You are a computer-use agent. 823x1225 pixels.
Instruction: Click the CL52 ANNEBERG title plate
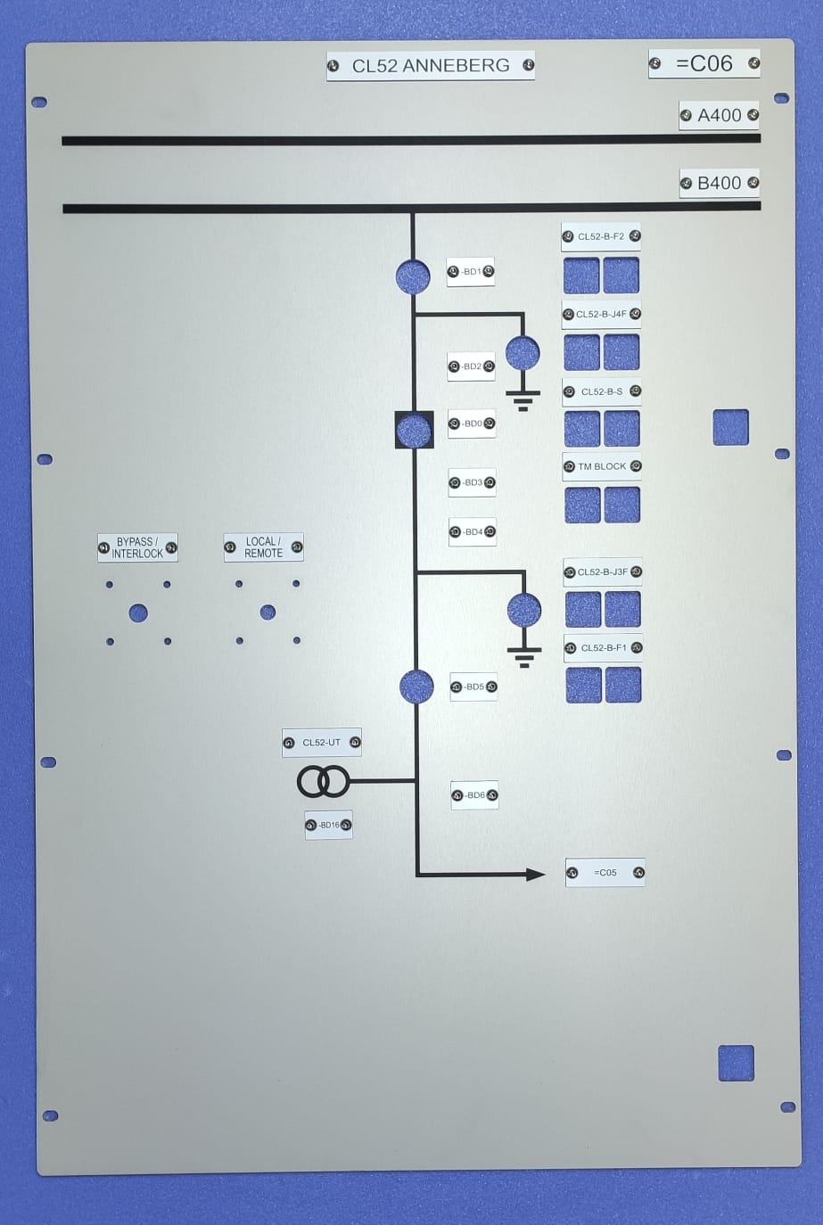pyautogui.click(x=431, y=66)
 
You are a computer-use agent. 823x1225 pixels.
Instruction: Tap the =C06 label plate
pyautogui.click(x=704, y=63)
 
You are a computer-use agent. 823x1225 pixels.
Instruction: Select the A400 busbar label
pyautogui.click(x=719, y=115)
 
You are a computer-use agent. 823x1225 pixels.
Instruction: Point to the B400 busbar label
pyautogui.click(x=719, y=183)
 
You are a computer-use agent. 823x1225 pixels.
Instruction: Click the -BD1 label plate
pyautogui.click(x=471, y=272)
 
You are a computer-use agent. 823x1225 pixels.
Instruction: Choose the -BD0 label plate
pyautogui.click(x=472, y=423)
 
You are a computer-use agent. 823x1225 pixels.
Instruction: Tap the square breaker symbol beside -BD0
pyautogui.click(x=414, y=431)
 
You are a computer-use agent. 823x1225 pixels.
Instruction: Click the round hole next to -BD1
pyautogui.click(x=413, y=276)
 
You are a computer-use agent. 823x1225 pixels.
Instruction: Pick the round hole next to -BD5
pyautogui.click(x=416, y=686)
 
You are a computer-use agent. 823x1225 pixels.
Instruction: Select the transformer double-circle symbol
pyautogui.click(x=323, y=782)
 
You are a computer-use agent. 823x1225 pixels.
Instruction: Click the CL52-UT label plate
pyautogui.click(x=321, y=743)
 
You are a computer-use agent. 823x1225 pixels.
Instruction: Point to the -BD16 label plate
pyautogui.click(x=328, y=825)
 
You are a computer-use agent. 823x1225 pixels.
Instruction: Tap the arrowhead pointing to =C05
pyautogui.click(x=535, y=875)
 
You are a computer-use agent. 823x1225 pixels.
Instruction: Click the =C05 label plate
pyautogui.click(x=605, y=873)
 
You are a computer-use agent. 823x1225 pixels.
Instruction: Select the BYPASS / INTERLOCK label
pyautogui.click(x=137, y=547)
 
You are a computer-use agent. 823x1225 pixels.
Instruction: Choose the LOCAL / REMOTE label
pyautogui.click(x=263, y=547)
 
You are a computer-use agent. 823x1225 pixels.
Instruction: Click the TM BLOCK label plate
pyautogui.click(x=602, y=466)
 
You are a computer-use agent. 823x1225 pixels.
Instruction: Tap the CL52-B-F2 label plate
pyautogui.click(x=601, y=237)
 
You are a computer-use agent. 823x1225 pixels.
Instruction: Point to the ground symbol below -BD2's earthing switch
pyautogui.click(x=523, y=399)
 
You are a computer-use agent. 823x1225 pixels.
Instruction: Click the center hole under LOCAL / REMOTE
pyautogui.click(x=267, y=612)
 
